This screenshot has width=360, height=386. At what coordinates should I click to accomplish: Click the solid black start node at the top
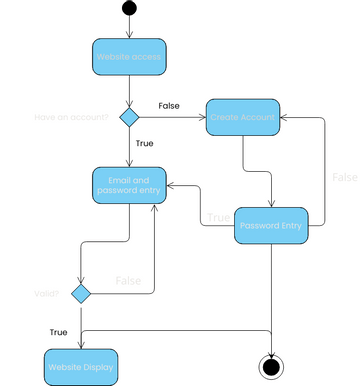click(129, 9)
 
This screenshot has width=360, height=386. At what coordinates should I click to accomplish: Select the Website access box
click(129, 57)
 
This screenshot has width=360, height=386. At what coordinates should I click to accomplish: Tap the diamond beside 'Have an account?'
click(129, 118)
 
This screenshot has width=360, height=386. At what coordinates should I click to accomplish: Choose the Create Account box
click(243, 118)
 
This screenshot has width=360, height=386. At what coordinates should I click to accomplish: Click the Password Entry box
click(270, 226)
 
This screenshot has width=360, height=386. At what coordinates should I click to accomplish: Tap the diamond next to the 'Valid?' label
click(81, 294)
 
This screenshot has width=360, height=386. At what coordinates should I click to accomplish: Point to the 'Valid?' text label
click(46, 295)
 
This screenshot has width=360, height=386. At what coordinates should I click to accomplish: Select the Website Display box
click(81, 366)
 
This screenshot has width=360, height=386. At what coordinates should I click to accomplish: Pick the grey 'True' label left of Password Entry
click(217, 217)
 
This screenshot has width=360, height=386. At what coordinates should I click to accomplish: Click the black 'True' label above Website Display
click(58, 331)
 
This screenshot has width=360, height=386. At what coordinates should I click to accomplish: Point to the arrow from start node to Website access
click(129, 27)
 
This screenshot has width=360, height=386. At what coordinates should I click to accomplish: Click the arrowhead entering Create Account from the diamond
click(202, 118)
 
